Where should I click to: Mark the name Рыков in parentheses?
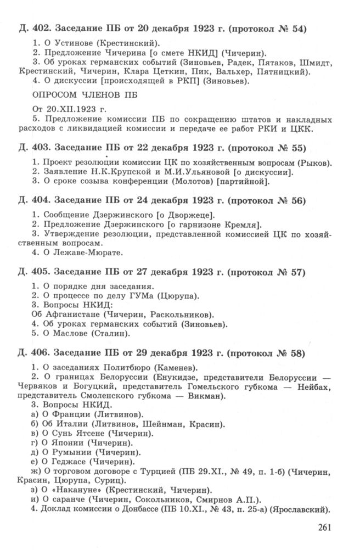[315, 163]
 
